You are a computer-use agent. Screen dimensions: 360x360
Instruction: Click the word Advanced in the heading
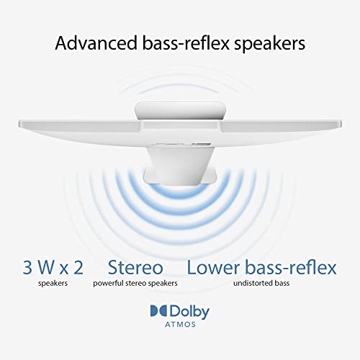point(96,43)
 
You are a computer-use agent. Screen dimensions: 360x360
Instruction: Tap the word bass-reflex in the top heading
point(186,43)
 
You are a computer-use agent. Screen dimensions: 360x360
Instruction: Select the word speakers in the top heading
point(270,44)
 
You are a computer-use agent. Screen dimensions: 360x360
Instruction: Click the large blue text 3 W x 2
point(53,267)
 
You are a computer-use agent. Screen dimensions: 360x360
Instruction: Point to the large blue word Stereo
point(135,267)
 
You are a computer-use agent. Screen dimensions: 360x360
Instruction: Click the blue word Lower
point(213,267)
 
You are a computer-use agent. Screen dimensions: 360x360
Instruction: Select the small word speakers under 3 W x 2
point(53,284)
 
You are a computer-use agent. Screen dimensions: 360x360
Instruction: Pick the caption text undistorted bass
point(261,283)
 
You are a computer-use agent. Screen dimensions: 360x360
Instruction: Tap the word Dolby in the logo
point(189,312)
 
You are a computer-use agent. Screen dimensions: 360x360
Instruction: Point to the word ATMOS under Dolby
point(180,325)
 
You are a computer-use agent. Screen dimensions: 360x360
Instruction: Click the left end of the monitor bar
point(19,124)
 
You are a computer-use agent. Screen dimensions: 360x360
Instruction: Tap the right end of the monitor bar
point(341,124)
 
